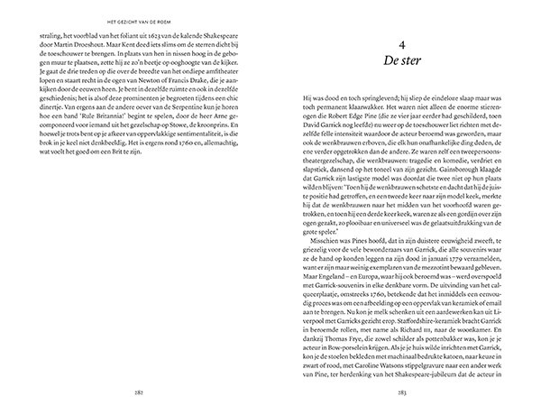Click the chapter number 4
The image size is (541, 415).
(x=403, y=43)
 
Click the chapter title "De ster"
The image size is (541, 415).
(x=403, y=62)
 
